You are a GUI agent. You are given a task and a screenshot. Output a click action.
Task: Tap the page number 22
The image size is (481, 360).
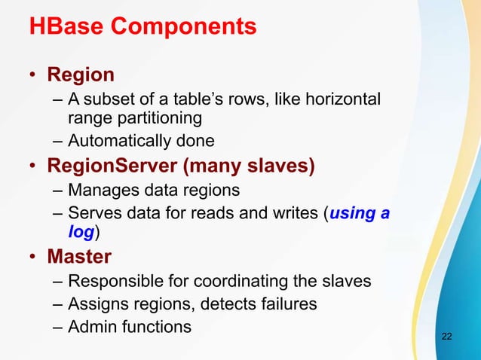click(x=447, y=335)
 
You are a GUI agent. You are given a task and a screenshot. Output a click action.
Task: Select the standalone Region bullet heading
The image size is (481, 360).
click(x=81, y=75)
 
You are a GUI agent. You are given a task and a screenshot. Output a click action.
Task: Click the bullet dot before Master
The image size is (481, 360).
click(x=34, y=257)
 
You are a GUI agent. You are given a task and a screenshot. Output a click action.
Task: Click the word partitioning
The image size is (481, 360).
click(x=158, y=117)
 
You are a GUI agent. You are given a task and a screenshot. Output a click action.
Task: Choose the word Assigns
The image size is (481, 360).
click(x=94, y=304)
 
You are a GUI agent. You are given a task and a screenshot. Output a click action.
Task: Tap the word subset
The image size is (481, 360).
click(x=106, y=100)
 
